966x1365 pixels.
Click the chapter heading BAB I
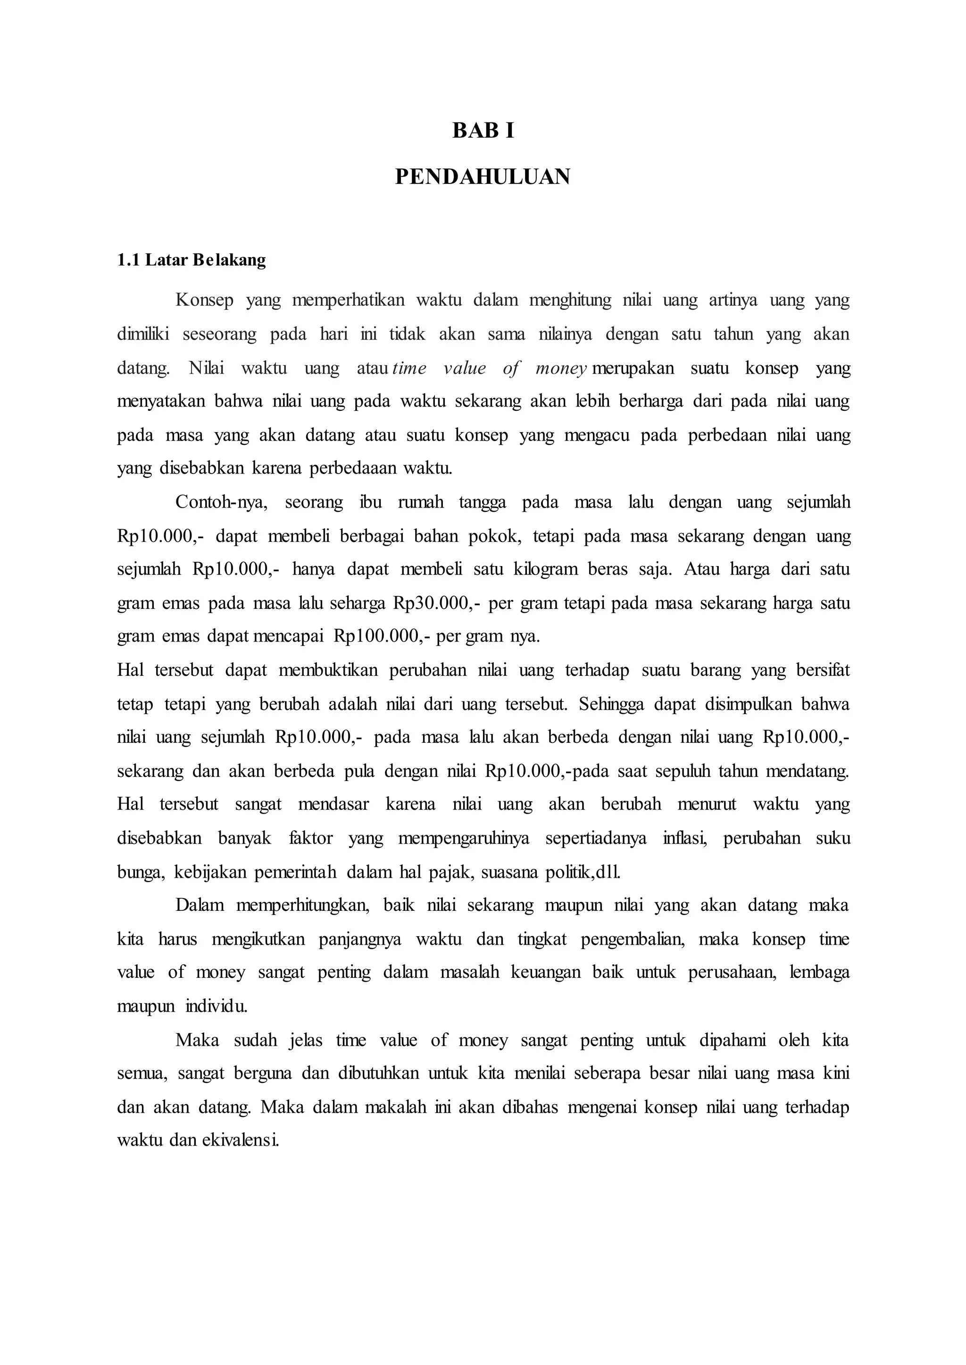(483, 131)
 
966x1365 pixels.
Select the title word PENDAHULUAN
(483, 177)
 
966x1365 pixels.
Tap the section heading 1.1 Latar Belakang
(192, 260)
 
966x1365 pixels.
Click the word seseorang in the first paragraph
(219, 334)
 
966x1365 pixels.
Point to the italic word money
(561, 368)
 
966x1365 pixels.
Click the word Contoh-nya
(221, 503)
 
